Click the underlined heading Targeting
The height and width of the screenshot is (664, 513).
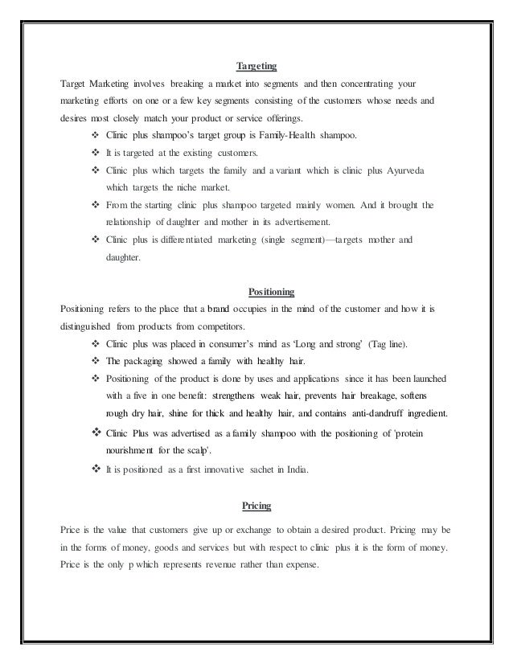(x=256, y=66)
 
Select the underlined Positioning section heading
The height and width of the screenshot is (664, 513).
(x=256, y=291)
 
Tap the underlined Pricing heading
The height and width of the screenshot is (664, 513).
(x=256, y=506)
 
